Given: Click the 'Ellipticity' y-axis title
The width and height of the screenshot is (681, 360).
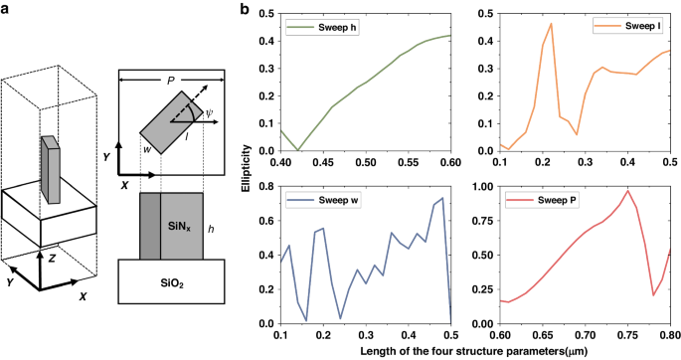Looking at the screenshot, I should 252,168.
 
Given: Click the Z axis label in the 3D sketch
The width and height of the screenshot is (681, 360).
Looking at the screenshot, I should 51,257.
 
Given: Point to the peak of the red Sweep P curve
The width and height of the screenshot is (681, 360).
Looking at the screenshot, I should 627,190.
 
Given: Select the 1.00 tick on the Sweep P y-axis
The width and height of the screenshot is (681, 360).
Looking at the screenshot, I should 483,186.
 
